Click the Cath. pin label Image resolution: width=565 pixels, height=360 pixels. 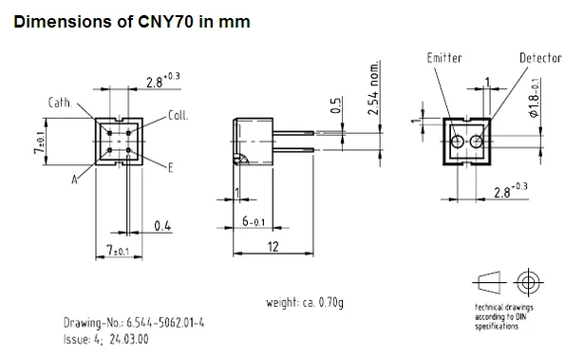[60, 103]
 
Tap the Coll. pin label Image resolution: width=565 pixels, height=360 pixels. [179, 115]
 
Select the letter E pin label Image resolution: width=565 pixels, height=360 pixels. [170, 167]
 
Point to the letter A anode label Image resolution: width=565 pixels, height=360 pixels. [74, 180]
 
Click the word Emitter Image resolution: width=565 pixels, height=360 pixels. [444, 58]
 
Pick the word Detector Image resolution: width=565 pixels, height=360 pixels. [540, 58]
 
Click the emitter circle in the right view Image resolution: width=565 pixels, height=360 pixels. [458, 142]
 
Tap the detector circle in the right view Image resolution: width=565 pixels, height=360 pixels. [477, 142]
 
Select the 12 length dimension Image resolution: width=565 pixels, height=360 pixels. [273, 247]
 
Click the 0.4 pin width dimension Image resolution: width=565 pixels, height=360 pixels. [162, 226]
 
